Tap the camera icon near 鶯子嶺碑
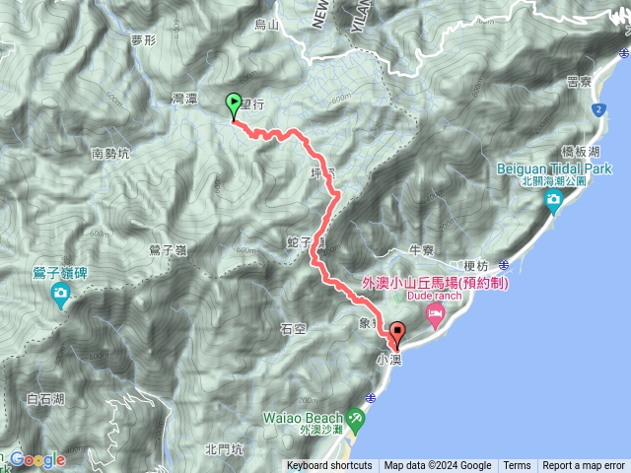[x=61, y=294]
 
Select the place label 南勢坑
[x=110, y=154]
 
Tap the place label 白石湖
[x=45, y=399]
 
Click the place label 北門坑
[x=224, y=449]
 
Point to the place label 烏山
[x=267, y=24]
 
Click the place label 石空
[x=294, y=329]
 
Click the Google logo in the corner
[x=37, y=459]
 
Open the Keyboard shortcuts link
[x=329, y=466]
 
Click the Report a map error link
[x=584, y=466]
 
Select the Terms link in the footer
[x=517, y=466]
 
